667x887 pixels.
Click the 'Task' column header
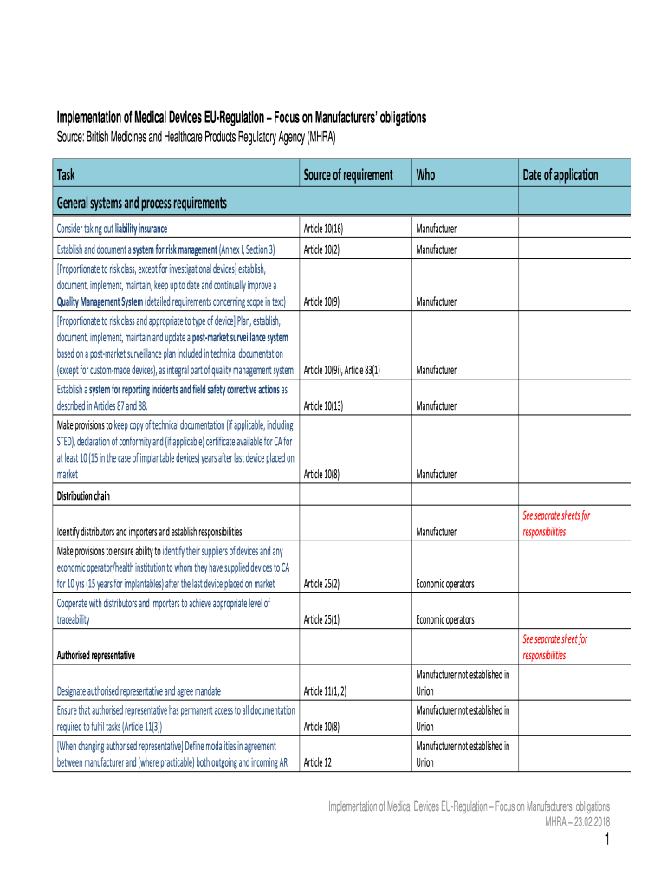point(66,175)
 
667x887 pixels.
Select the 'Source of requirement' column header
point(347,175)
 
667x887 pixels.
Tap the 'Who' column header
point(425,175)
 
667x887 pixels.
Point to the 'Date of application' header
point(560,175)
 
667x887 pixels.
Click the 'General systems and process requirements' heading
point(142,204)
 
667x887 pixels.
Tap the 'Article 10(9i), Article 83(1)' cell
point(342,370)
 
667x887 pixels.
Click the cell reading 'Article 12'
point(318,763)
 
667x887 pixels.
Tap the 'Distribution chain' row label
point(83,496)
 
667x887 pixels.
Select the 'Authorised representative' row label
point(95,656)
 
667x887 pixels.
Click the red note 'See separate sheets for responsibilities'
point(555,523)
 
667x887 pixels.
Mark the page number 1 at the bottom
point(608,840)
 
